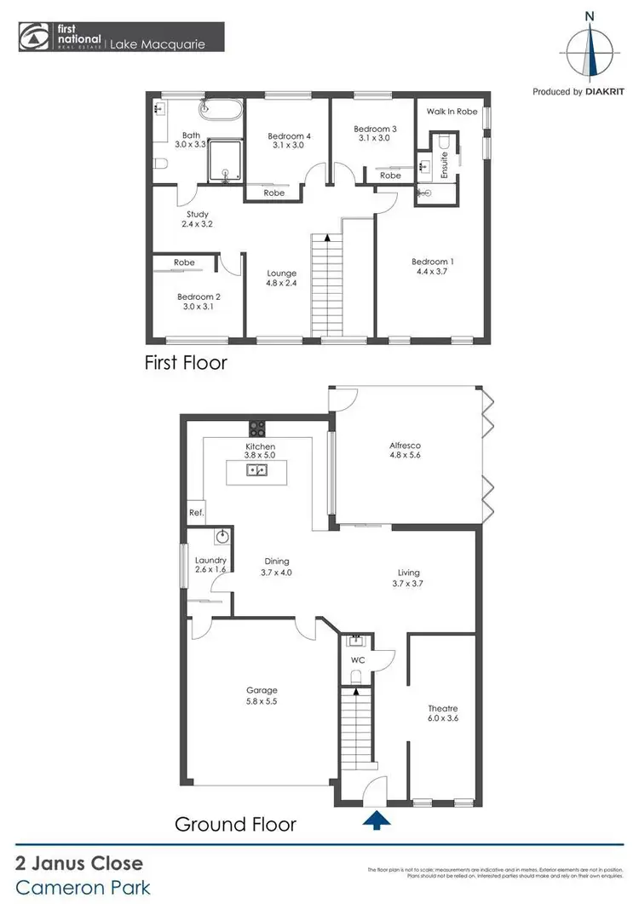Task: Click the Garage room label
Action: coord(262,690)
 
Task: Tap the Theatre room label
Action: coord(442,709)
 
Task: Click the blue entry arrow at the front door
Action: coord(377,820)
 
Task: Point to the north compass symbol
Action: coord(590,47)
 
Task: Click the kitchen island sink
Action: coord(256,470)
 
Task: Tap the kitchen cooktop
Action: coord(256,428)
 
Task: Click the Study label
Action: coord(198,215)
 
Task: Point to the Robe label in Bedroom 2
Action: coord(183,262)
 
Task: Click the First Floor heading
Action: coord(184,362)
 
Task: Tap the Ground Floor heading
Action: coord(235,824)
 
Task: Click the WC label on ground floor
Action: coord(358,659)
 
